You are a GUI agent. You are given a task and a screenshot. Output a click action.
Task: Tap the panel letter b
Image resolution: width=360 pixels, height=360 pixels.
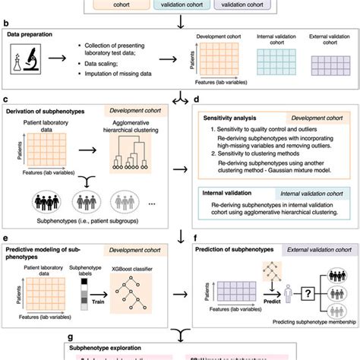[x=7, y=25]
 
